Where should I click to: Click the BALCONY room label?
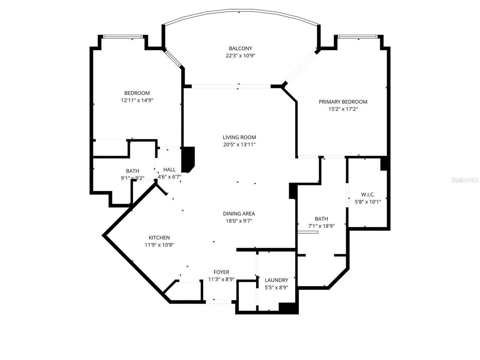(240, 48)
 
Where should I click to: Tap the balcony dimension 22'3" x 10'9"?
(240, 55)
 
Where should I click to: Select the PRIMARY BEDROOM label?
(343, 102)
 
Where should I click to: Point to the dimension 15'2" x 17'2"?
(343, 109)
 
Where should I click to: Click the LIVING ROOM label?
(239, 137)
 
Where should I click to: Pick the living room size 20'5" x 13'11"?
(239, 144)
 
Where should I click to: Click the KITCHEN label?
(159, 238)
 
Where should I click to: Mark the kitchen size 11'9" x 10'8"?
(159, 245)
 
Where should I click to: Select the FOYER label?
(221, 272)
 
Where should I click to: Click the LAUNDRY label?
(276, 280)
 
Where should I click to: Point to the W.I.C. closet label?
(368, 195)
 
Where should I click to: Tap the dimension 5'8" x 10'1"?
(368, 202)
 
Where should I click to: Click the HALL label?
(169, 170)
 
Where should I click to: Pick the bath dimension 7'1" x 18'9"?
(321, 226)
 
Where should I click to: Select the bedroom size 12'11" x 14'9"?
(137, 100)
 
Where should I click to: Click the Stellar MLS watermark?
(465, 180)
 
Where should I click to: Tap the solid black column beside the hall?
(187, 159)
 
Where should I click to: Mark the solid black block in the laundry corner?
(288, 308)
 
